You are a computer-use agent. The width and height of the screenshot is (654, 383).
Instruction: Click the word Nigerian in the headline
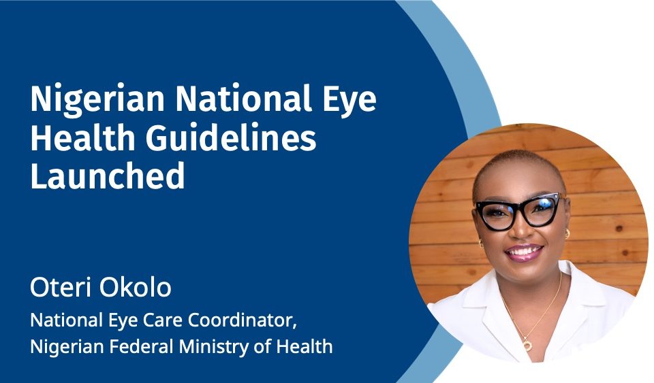(x=97, y=100)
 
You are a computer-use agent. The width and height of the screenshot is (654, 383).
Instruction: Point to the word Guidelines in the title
(x=231, y=138)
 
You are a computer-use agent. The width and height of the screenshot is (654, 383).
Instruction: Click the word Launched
(x=107, y=176)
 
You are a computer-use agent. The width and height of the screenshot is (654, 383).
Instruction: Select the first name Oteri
(x=60, y=287)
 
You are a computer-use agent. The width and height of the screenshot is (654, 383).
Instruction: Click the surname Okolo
(x=136, y=287)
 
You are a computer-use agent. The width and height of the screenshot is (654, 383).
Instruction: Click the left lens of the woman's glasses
(x=497, y=215)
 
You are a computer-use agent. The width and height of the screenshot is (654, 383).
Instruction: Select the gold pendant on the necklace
(x=527, y=346)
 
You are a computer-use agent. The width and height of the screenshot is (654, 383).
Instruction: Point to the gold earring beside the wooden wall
(x=567, y=233)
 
